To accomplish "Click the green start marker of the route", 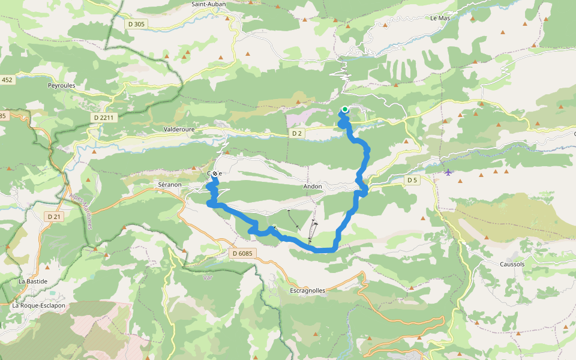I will [x=345, y=109].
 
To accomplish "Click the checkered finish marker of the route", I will [x=215, y=173].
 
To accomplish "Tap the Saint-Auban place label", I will [x=208, y=4].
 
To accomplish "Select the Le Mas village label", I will [x=440, y=18].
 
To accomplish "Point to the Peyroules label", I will [x=61, y=86].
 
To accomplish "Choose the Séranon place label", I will [x=169, y=184].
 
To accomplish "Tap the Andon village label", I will [x=312, y=187].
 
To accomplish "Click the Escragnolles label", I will [x=307, y=290].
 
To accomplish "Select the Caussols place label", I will [x=512, y=264].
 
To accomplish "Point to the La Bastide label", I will [x=32, y=281].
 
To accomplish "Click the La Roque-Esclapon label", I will [x=38, y=305].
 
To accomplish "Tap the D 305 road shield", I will [x=136, y=24].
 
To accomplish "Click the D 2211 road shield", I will [x=104, y=118].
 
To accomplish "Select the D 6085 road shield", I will [x=243, y=253].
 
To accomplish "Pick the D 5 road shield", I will [x=412, y=180].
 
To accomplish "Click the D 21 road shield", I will [x=53, y=216].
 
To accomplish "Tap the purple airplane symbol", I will [x=449, y=173].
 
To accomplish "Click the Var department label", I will [x=208, y=277].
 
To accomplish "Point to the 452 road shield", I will [x=7, y=80].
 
